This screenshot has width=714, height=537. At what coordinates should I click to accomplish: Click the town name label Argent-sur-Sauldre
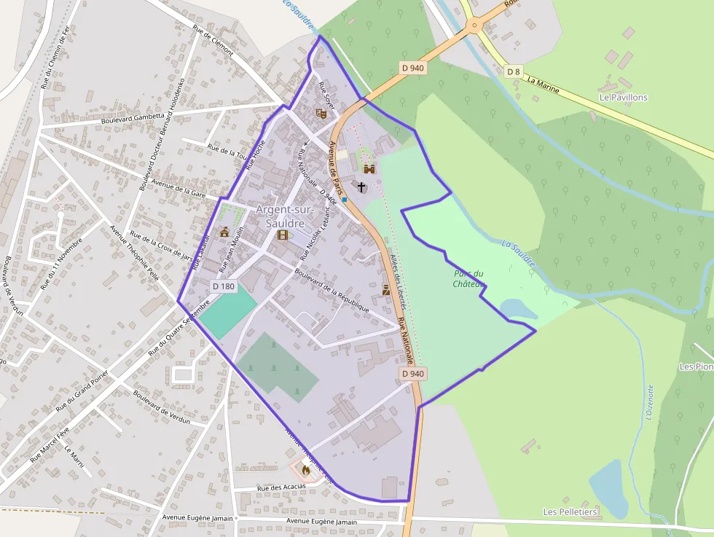click(285, 216)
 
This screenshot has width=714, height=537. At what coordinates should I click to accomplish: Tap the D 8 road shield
click(514, 71)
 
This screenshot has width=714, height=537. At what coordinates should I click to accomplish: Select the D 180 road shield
click(224, 286)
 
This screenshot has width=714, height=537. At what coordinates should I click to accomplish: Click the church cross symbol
click(361, 187)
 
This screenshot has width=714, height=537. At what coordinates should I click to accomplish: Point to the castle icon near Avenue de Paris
click(369, 169)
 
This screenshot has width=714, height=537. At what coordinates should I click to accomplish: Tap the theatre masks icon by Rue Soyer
click(320, 112)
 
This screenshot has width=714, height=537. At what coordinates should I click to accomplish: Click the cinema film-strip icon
click(283, 235)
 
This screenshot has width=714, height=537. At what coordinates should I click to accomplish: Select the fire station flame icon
click(305, 470)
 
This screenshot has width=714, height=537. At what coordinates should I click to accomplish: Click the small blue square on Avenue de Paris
click(344, 199)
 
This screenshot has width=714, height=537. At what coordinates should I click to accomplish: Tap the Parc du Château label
click(468, 278)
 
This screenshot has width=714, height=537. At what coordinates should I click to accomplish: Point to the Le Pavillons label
click(623, 97)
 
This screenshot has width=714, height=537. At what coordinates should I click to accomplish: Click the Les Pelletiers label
click(570, 512)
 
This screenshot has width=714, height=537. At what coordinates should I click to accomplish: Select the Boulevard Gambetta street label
click(133, 117)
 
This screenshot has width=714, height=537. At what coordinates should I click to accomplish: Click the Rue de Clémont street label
click(213, 40)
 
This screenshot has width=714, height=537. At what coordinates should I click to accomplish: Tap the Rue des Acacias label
click(280, 486)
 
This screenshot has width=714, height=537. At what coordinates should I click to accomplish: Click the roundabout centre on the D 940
click(474, 26)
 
